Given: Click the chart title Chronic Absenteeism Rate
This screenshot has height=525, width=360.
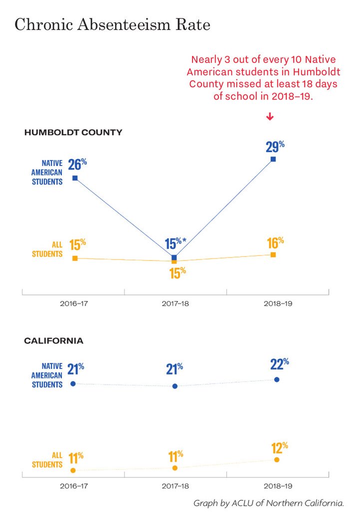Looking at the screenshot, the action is (x=112, y=25).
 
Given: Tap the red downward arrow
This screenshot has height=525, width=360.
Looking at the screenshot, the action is (x=270, y=116).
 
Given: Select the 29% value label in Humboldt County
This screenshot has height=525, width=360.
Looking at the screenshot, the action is (x=275, y=146).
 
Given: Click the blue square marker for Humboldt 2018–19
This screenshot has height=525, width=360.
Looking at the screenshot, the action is (x=273, y=159).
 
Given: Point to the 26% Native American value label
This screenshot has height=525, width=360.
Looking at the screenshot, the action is (x=77, y=164).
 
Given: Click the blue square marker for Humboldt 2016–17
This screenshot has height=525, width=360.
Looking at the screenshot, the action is (x=75, y=178).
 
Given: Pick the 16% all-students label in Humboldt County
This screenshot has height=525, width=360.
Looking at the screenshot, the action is (x=275, y=243).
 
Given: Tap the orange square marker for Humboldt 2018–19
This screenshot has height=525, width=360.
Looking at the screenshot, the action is (x=273, y=255).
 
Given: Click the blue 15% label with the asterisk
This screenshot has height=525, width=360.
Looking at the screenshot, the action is (x=175, y=243).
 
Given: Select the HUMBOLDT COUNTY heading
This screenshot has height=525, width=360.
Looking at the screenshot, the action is (x=73, y=132).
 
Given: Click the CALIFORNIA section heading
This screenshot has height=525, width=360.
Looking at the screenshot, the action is (x=53, y=341).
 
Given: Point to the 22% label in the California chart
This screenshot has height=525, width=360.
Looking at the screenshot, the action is (x=279, y=364).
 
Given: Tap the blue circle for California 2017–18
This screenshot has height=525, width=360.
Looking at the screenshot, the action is (x=175, y=386).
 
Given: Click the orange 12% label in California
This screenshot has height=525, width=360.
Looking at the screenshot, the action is (x=279, y=447).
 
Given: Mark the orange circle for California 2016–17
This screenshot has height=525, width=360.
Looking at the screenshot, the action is (x=73, y=470).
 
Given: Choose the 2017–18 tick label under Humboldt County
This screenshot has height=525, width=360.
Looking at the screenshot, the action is (x=175, y=303).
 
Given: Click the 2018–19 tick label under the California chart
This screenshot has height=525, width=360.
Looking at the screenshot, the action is (x=278, y=486).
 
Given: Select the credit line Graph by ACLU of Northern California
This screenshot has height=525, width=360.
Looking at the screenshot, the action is (x=268, y=503).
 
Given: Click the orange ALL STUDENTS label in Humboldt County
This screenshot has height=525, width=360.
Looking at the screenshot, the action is (x=47, y=249).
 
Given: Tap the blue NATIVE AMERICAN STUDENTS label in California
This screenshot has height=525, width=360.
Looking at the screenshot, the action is (x=47, y=375).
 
